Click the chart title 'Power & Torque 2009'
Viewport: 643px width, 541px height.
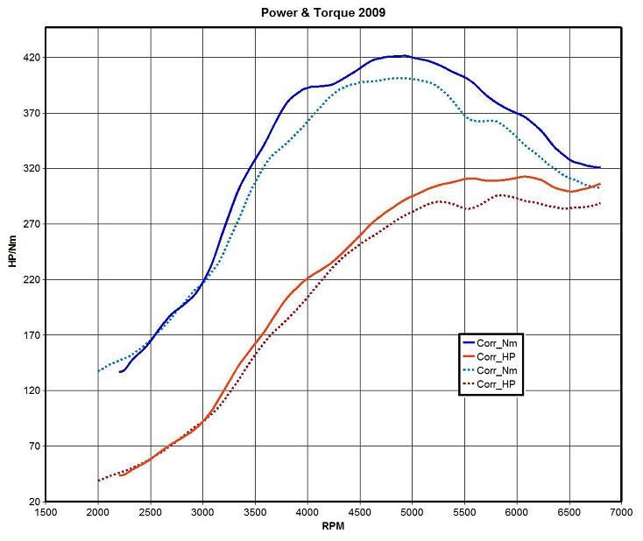click(322, 14)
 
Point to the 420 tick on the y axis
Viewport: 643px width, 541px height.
click(33, 58)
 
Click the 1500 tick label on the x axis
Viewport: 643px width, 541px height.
click(46, 513)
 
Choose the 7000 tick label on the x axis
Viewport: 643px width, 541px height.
click(621, 513)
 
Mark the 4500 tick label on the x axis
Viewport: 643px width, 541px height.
click(359, 513)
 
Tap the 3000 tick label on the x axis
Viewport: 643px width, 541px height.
click(202, 513)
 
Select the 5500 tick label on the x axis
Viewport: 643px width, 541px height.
click(464, 513)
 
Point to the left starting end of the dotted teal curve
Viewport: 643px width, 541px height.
click(98, 371)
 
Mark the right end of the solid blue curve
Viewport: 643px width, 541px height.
click(600, 167)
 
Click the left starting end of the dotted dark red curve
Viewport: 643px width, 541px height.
click(98, 481)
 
